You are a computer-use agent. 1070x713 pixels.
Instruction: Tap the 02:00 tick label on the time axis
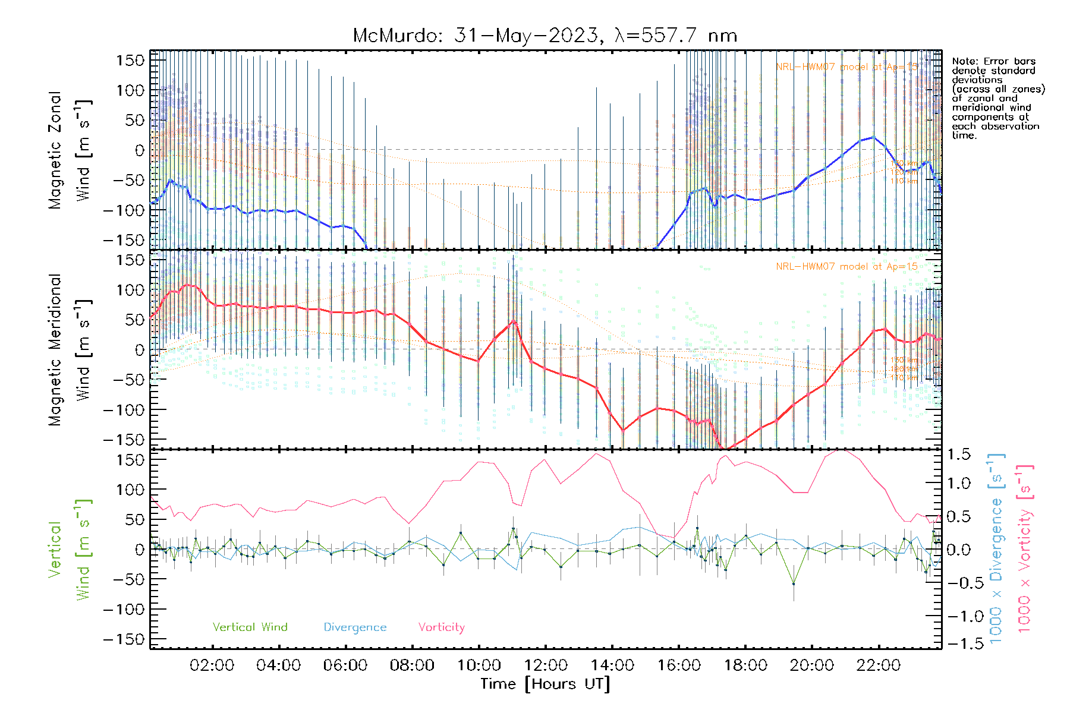[212, 665]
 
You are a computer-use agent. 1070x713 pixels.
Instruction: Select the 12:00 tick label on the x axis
[546, 665]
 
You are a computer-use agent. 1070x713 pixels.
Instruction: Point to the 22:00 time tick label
[879, 665]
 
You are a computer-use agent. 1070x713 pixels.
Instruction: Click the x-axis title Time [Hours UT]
[545, 684]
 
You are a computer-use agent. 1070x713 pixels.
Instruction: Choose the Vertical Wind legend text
[250, 627]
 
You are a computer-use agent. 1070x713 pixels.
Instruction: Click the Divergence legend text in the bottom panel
[355, 627]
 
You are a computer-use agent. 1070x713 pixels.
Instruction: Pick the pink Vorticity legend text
[441, 627]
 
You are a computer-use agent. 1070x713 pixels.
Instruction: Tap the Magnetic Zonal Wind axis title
[69, 150]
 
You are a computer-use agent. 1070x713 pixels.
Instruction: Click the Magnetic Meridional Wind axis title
[69, 349]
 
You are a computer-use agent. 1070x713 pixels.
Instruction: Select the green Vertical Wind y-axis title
[69, 550]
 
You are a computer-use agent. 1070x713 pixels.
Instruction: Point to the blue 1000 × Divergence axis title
[996, 548]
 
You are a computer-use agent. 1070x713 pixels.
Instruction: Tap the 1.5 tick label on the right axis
[958, 455]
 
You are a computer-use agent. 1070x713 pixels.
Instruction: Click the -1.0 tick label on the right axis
[958, 616]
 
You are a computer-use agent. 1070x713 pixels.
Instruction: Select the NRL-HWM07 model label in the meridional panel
[846, 267]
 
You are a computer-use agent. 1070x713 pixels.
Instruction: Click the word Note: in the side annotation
[965, 61]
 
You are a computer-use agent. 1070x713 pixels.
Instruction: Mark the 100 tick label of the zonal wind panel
[130, 90]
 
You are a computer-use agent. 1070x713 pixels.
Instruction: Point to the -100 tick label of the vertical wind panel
[124, 610]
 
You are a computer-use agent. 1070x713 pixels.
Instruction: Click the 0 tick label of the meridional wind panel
[139, 350]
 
